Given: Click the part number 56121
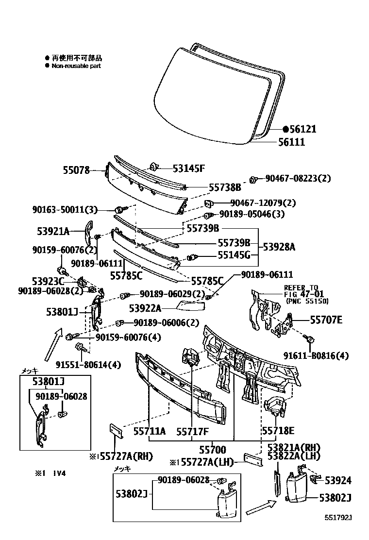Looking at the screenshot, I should pyautogui.click(x=303, y=129).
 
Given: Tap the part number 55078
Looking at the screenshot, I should pyautogui.click(x=76, y=170).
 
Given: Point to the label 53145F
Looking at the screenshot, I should pyautogui.click(x=189, y=169).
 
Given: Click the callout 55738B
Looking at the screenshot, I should pyautogui.click(x=225, y=186).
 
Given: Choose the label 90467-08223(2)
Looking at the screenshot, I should pyautogui.click(x=298, y=178).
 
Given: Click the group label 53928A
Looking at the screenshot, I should pyautogui.click(x=279, y=247).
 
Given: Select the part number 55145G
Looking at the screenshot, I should pyautogui.click(x=234, y=255).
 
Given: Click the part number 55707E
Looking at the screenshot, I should pyautogui.click(x=326, y=319).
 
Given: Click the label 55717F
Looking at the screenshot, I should pyautogui.click(x=192, y=431).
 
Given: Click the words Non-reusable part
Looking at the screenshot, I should pyautogui.click(x=76, y=66).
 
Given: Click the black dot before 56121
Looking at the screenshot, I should pyautogui.click(x=286, y=129).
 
